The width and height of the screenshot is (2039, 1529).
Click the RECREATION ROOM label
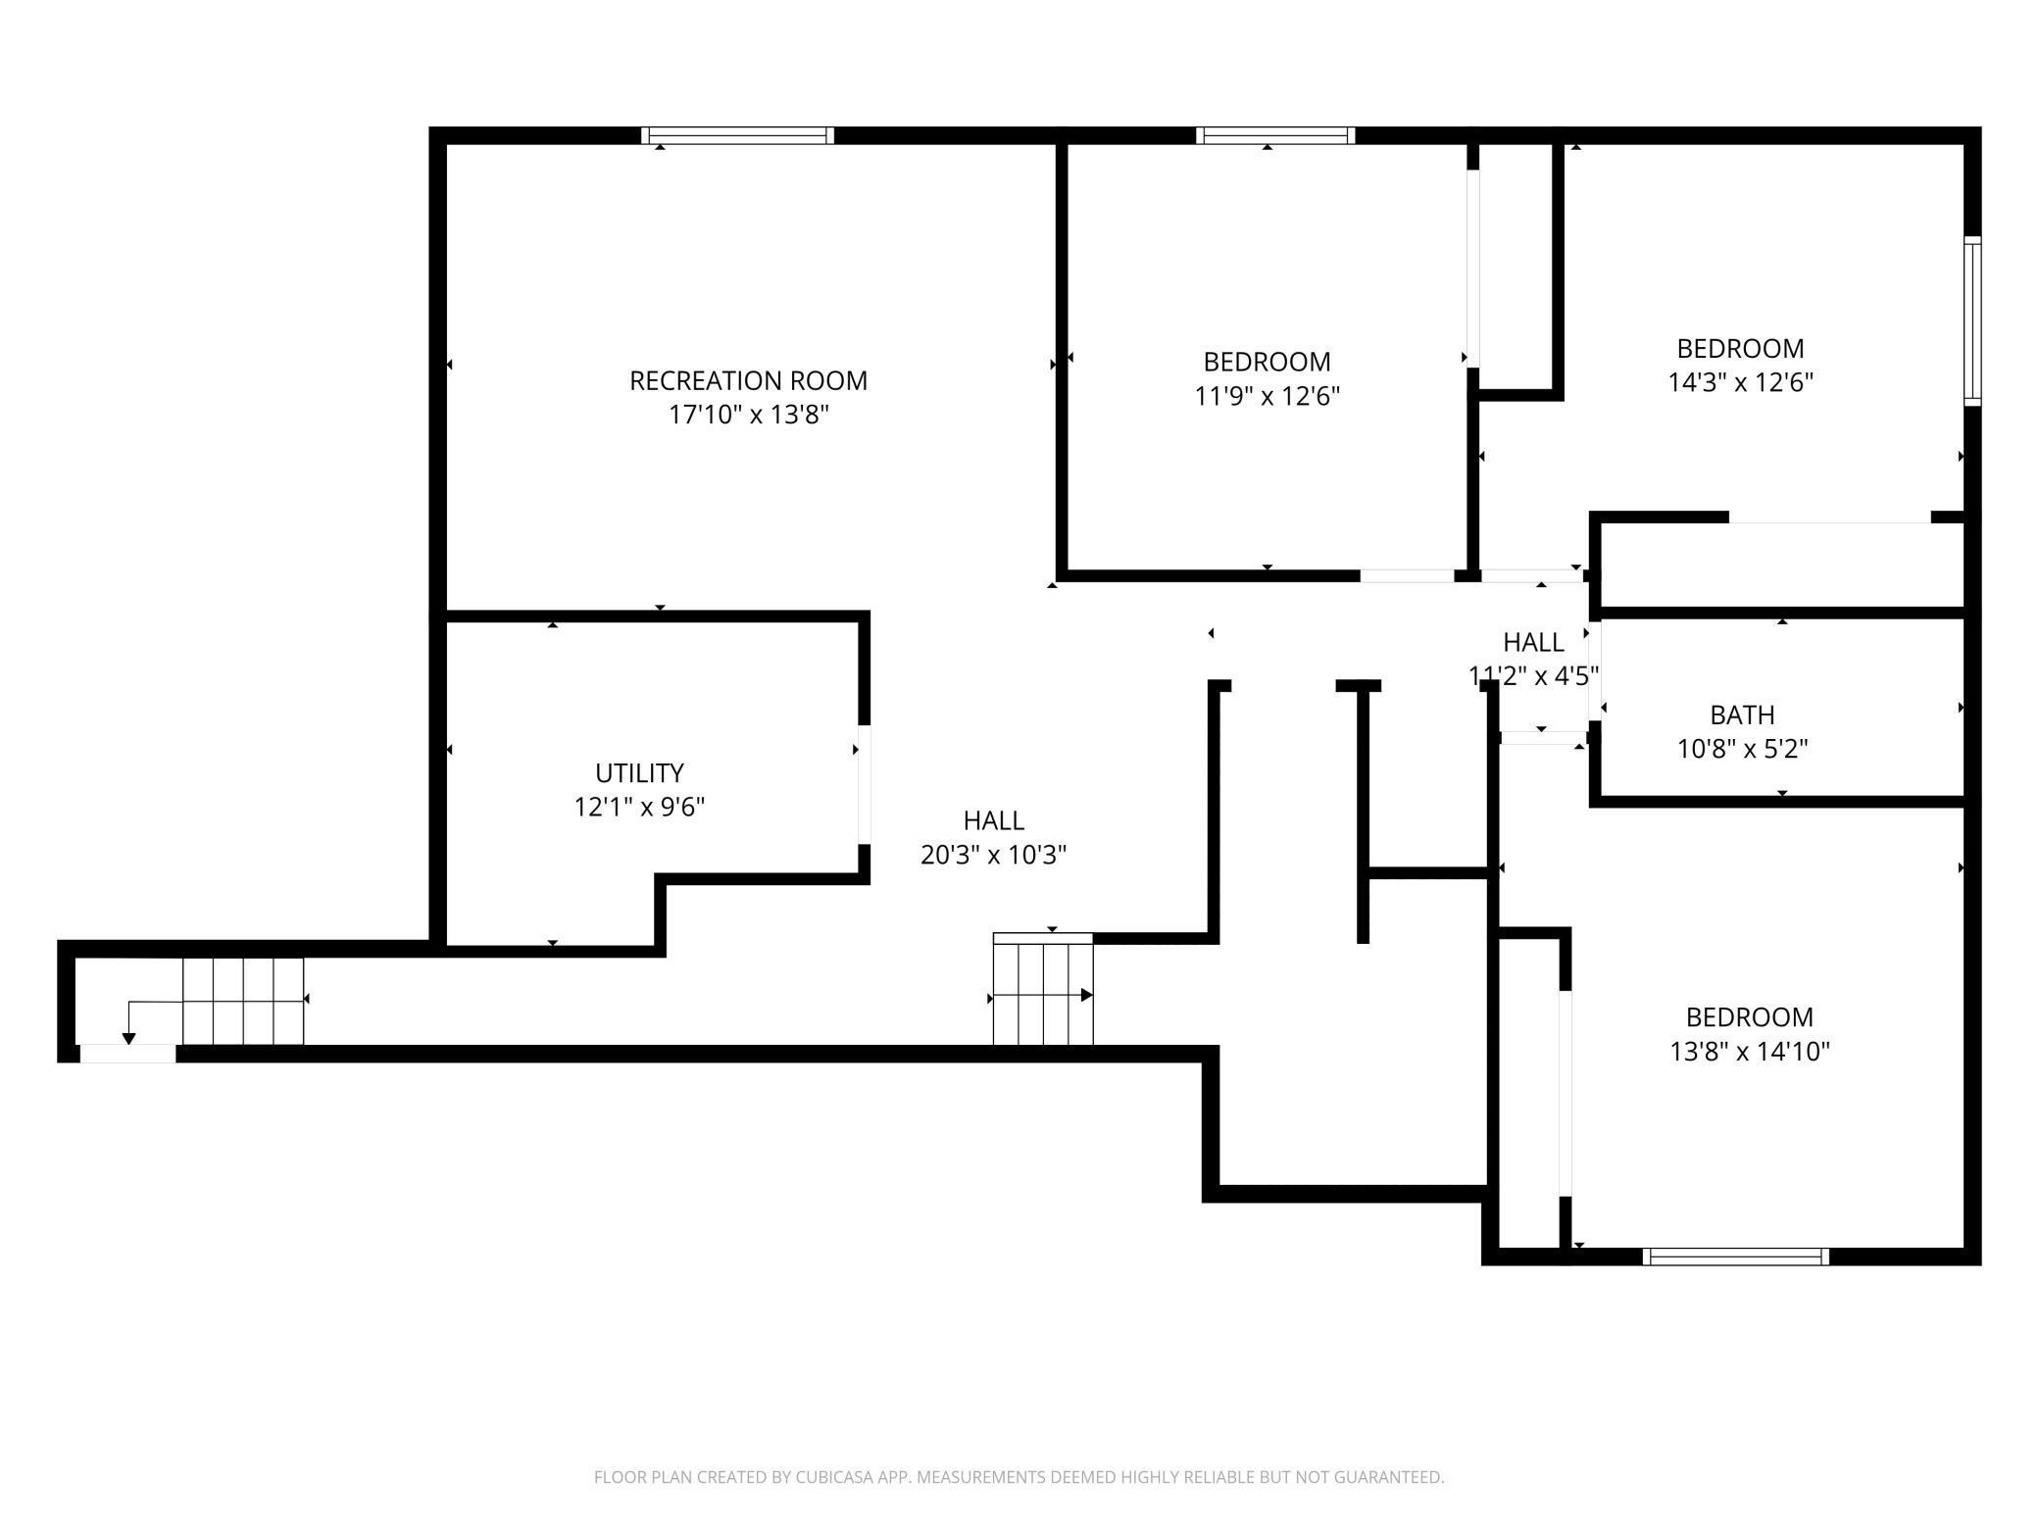click(x=748, y=380)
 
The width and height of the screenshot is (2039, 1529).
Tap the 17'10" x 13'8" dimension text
click(x=749, y=415)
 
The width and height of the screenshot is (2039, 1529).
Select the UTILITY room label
click(x=639, y=772)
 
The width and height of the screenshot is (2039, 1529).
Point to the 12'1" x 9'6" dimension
click(x=639, y=807)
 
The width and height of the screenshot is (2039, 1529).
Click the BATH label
click(x=1742, y=715)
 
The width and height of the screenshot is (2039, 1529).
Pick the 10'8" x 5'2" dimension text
click(x=1742, y=749)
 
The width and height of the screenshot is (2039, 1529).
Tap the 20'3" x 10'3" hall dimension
click(x=993, y=855)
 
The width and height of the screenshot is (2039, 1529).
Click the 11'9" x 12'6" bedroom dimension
click(x=1267, y=396)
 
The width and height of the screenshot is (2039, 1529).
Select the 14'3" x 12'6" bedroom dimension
click(x=1740, y=382)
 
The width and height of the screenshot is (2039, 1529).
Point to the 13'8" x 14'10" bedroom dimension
click(x=1750, y=1052)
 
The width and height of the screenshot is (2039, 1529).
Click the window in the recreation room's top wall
click(x=738, y=135)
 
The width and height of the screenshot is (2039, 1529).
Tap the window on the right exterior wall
click(x=1972, y=321)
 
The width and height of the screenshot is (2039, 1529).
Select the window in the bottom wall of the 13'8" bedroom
click(x=1736, y=1257)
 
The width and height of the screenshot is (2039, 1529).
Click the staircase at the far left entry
click(x=243, y=1001)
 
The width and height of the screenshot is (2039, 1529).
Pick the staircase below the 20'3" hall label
click(x=1043, y=988)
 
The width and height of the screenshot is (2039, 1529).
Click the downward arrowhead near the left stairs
click(x=128, y=1039)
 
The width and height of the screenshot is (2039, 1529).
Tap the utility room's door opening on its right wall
click(x=864, y=784)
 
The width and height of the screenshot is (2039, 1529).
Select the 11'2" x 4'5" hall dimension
click(x=1533, y=675)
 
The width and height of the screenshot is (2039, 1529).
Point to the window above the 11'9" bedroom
click(x=1275, y=135)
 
